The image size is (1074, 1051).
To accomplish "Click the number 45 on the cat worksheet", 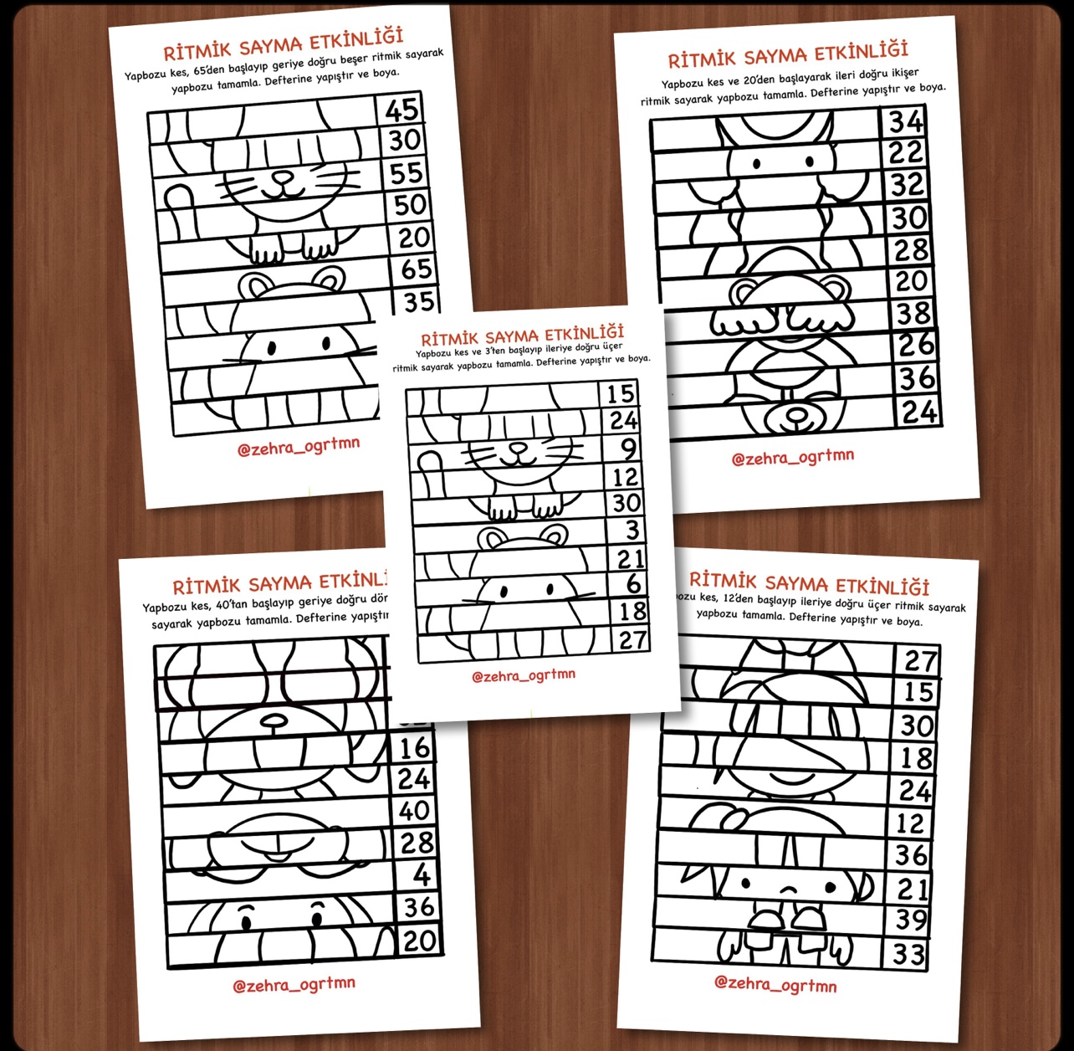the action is [x=401, y=110].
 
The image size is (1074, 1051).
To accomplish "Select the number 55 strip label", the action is [x=407, y=173].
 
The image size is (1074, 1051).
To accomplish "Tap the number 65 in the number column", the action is [x=416, y=269].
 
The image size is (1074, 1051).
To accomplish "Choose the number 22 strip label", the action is [x=906, y=152].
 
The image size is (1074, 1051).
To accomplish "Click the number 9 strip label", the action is [x=627, y=449].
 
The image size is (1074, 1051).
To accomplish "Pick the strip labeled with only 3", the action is [x=632, y=530].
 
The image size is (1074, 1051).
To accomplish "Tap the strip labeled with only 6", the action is [x=634, y=583].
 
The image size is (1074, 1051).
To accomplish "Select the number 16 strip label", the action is [x=414, y=748].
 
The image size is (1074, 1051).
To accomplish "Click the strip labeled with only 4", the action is [x=421, y=875].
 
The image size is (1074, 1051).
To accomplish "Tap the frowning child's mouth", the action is [x=788, y=890].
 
